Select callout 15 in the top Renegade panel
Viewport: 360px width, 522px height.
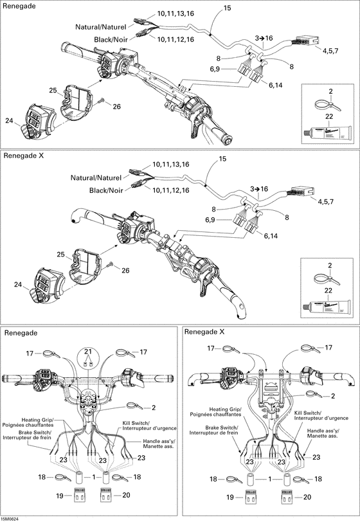tap(227, 8)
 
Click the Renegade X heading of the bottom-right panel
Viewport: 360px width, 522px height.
tap(204, 332)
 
